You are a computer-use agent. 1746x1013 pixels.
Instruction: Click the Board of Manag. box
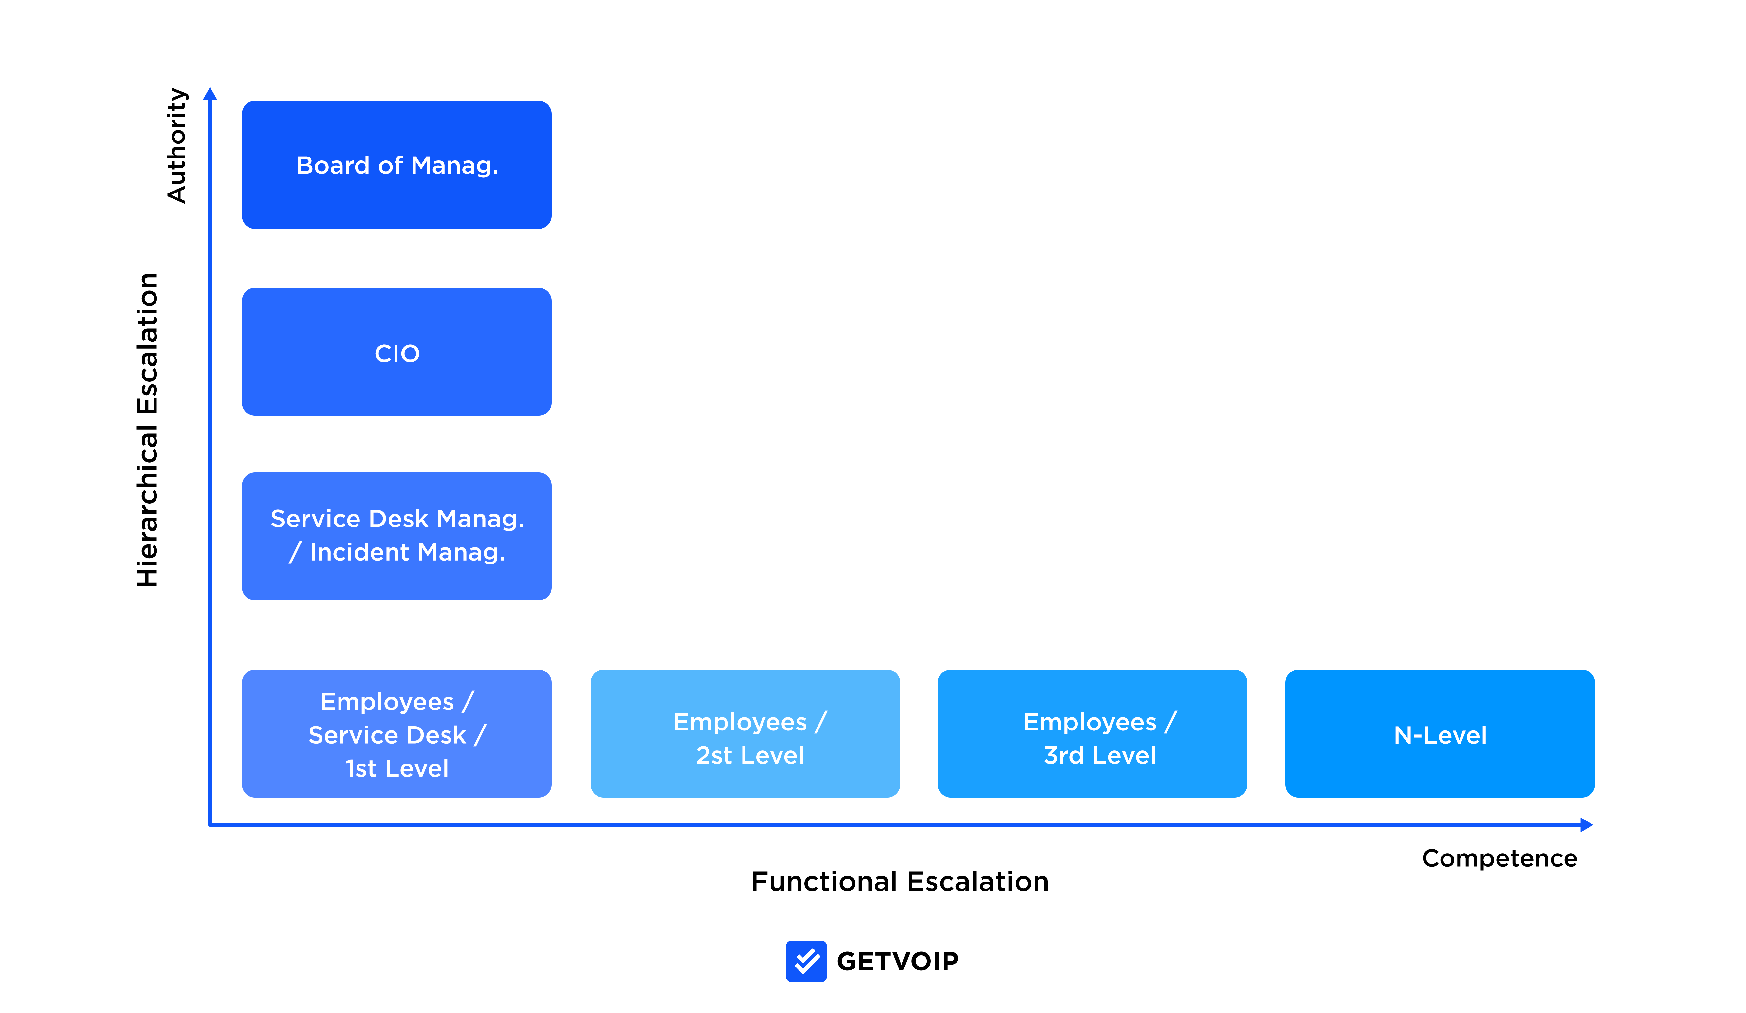pos(396,165)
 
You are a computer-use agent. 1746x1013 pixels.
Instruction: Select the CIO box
pos(396,352)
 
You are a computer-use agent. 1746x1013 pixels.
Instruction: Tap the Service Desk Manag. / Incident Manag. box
pos(396,536)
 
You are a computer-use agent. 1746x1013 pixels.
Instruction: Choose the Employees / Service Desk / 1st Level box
pos(396,733)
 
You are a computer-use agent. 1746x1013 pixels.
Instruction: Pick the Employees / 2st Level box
pos(745,733)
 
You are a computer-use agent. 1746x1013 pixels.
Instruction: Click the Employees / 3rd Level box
pos(1092,733)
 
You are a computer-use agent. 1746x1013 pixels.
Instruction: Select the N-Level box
pos(1440,733)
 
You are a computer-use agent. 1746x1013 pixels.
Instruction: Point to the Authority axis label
pos(177,145)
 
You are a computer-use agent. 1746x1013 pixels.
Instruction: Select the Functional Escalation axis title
pos(900,881)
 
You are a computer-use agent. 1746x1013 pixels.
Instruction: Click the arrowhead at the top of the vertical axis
pos(210,94)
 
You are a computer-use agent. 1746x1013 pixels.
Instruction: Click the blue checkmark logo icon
pos(806,961)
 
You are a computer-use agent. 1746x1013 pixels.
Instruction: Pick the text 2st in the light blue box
pos(714,755)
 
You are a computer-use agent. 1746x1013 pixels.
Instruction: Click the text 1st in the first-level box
pos(361,768)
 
